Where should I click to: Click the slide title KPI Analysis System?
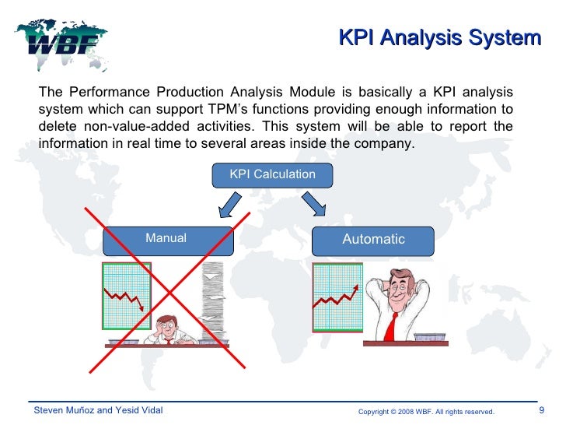coord(440,37)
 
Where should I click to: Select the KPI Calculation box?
coord(272,174)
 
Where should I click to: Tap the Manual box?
coord(166,239)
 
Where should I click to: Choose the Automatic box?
coord(373,240)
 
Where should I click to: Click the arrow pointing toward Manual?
coord(231,206)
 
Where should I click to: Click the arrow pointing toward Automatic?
coord(314,205)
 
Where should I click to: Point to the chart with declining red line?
coord(126,296)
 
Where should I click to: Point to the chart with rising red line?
coord(337,296)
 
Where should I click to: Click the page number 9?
coord(541,410)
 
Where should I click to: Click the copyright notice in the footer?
coord(425,411)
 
